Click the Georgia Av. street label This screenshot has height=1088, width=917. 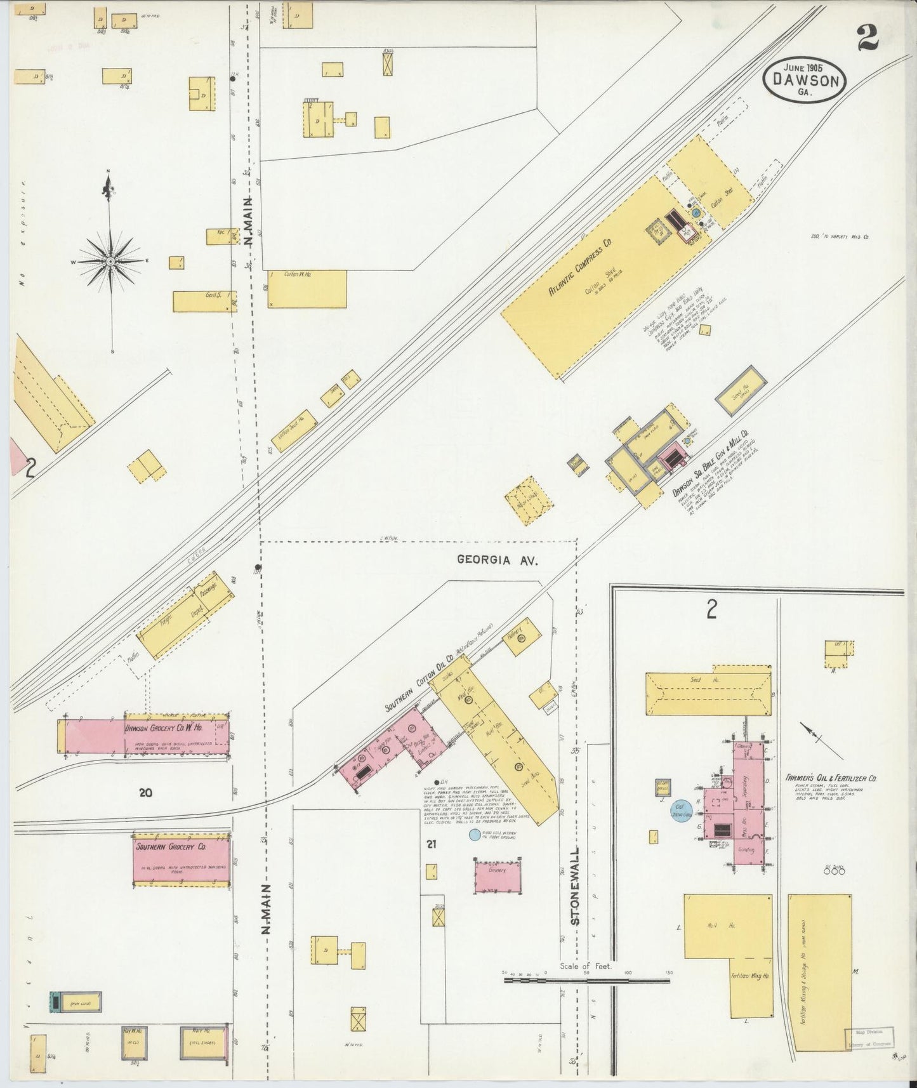[498, 560]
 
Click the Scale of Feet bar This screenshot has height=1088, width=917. [587, 998]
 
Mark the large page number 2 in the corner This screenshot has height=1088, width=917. [866, 39]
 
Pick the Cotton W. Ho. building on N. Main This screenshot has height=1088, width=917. [307, 289]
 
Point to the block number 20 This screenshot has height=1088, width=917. [146, 792]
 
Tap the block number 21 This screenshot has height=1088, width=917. [432, 844]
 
